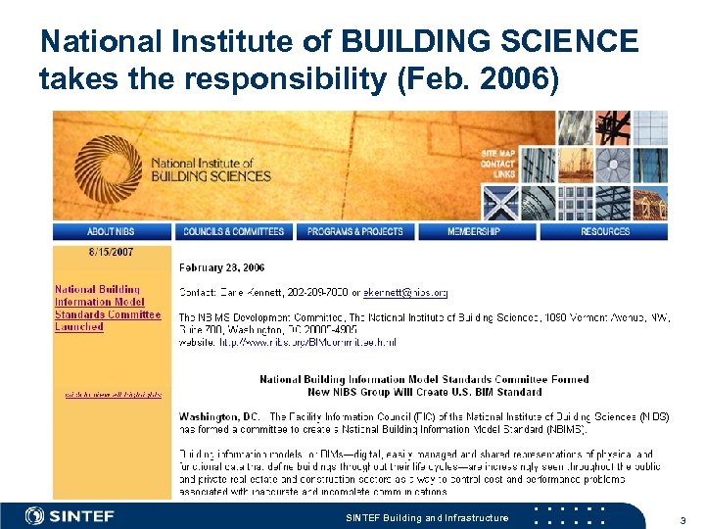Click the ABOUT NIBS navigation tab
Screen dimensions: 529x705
(x=111, y=231)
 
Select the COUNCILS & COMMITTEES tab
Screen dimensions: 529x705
(x=233, y=231)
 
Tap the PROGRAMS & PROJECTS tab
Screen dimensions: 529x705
(x=354, y=231)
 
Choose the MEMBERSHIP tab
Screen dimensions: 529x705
(x=474, y=231)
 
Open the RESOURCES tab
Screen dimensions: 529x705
(x=605, y=231)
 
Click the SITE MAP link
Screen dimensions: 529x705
(x=497, y=154)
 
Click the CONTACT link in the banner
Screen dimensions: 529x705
(x=497, y=164)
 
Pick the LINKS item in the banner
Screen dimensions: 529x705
(x=504, y=174)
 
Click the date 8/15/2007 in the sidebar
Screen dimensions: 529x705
(x=112, y=252)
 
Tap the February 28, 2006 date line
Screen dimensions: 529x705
(x=221, y=267)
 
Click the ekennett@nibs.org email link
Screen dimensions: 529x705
(x=405, y=292)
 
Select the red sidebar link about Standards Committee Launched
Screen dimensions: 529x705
(x=108, y=308)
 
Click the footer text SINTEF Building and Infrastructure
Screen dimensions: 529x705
(x=428, y=517)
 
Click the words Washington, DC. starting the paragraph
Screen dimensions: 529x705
(x=219, y=416)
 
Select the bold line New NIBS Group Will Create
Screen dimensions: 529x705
(x=424, y=392)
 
